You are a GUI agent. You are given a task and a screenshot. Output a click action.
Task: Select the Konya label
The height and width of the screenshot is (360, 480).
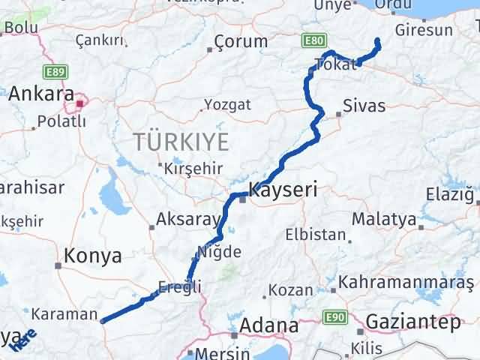click(x=93, y=256)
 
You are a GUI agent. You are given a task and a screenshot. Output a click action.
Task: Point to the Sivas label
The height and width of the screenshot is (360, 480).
click(x=364, y=106)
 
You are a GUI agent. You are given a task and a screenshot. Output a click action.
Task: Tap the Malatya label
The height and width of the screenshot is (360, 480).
click(x=384, y=219)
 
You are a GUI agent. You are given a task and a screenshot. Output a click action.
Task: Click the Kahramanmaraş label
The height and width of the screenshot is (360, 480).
click(x=406, y=283)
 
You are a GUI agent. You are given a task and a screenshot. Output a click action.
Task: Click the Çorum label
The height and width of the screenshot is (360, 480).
click(x=240, y=41)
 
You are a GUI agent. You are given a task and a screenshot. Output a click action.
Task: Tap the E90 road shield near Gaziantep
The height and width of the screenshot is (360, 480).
click(x=336, y=319)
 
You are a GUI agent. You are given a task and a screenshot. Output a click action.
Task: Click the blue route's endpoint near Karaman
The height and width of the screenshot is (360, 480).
click(x=102, y=321)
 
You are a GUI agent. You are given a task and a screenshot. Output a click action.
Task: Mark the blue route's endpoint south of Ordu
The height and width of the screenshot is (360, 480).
click(x=377, y=40)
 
